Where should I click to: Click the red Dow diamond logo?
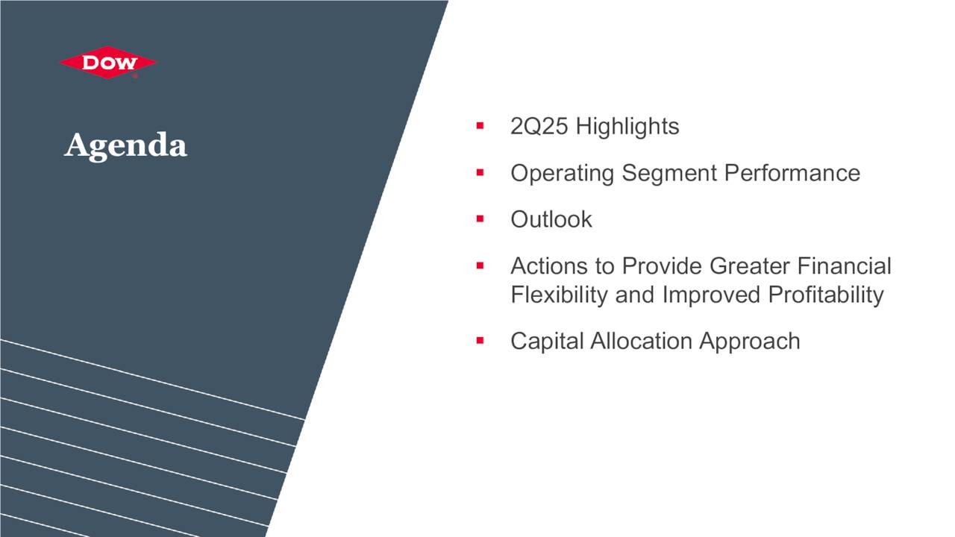point(108,63)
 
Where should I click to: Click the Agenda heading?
point(125,145)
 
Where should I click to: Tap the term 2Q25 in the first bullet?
point(539,127)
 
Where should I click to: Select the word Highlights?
point(627,127)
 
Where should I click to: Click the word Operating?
point(563,173)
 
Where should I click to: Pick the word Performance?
point(792,173)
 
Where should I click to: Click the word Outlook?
point(551,219)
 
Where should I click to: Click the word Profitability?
point(826,295)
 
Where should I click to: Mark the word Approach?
point(750,341)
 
